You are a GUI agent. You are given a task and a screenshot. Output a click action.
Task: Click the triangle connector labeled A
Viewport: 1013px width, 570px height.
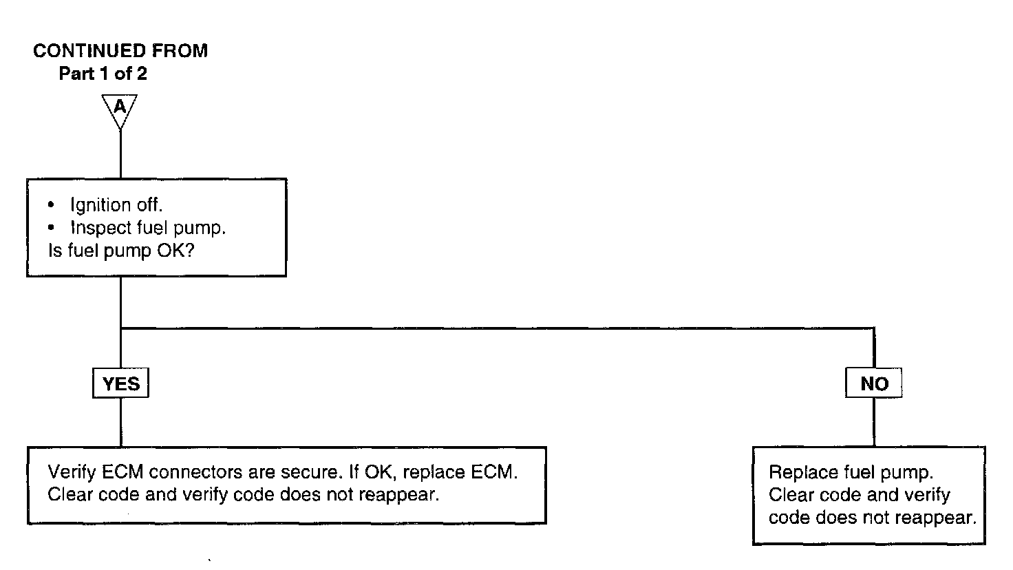pyautogui.click(x=120, y=109)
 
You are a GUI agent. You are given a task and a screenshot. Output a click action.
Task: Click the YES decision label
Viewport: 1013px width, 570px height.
pyautogui.click(x=120, y=384)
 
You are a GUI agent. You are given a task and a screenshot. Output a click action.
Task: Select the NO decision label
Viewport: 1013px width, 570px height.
pyautogui.click(x=874, y=384)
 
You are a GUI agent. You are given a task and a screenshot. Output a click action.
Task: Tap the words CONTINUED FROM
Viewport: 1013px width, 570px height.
pyautogui.click(x=120, y=51)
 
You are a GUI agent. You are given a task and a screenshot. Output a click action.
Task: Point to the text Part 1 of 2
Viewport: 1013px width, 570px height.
pyautogui.click(x=103, y=74)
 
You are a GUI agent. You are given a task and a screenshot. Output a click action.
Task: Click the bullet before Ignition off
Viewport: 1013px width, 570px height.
pyautogui.click(x=52, y=205)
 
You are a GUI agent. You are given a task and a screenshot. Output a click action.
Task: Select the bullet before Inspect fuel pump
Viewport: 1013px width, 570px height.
pyautogui.click(x=52, y=227)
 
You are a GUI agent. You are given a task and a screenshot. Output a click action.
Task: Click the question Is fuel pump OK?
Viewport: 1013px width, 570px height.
pyautogui.click(x=120, y=251)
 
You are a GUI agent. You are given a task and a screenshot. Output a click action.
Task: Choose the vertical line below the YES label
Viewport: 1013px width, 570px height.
pyautogui.click(x=120, y=421)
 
